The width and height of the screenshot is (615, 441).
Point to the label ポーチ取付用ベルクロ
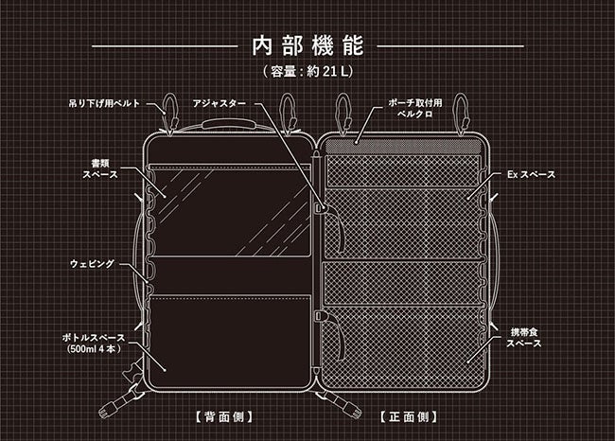click(x=411, y=105)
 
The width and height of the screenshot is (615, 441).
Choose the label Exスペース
click(x=531, y=175)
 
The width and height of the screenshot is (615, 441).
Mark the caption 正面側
click(x=408, y=416)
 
